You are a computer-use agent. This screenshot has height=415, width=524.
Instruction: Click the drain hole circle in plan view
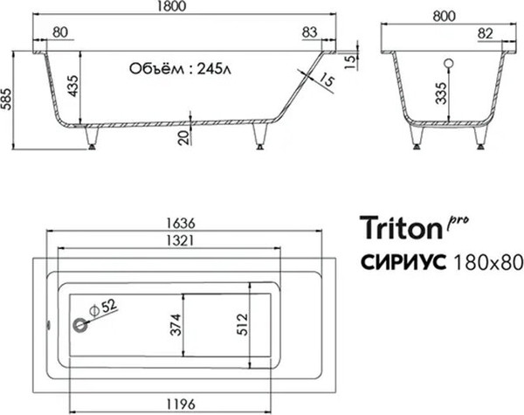80,325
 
